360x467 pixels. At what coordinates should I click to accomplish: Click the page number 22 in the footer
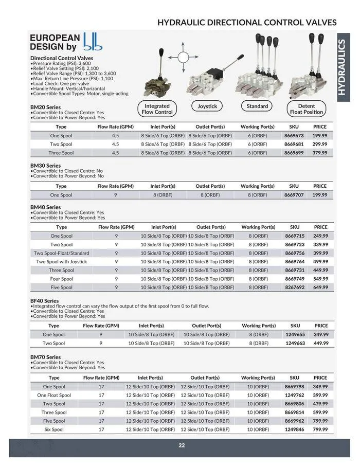point(182,445)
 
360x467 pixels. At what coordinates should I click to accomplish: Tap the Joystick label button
point(207,106)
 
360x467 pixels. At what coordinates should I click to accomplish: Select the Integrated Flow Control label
point(157,109)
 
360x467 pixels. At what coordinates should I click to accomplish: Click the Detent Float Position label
point(307,109)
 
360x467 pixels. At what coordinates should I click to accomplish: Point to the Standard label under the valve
point(257,106)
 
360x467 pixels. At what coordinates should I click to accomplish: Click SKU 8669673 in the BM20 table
point(294,136)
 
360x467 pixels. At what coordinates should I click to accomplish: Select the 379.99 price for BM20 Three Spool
point(320,153)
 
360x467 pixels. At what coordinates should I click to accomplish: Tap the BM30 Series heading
point(45,166)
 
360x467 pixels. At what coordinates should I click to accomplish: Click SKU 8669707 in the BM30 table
point(294,195)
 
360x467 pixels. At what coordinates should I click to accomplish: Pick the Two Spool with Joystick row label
point(61,262)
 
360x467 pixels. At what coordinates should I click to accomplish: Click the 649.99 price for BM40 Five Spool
point(320,288)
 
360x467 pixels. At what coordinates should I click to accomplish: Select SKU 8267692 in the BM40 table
point(295,288)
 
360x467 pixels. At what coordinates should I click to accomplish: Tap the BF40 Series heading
point(44,301)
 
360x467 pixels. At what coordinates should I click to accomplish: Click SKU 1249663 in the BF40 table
point(295,343)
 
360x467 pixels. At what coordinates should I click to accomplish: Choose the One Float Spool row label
point(54,396)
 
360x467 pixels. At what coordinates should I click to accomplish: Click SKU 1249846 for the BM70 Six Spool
point(295,429)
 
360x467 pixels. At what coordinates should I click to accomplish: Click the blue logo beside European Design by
point(93,42)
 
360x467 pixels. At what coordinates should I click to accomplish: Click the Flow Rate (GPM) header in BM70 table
point(101,378)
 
